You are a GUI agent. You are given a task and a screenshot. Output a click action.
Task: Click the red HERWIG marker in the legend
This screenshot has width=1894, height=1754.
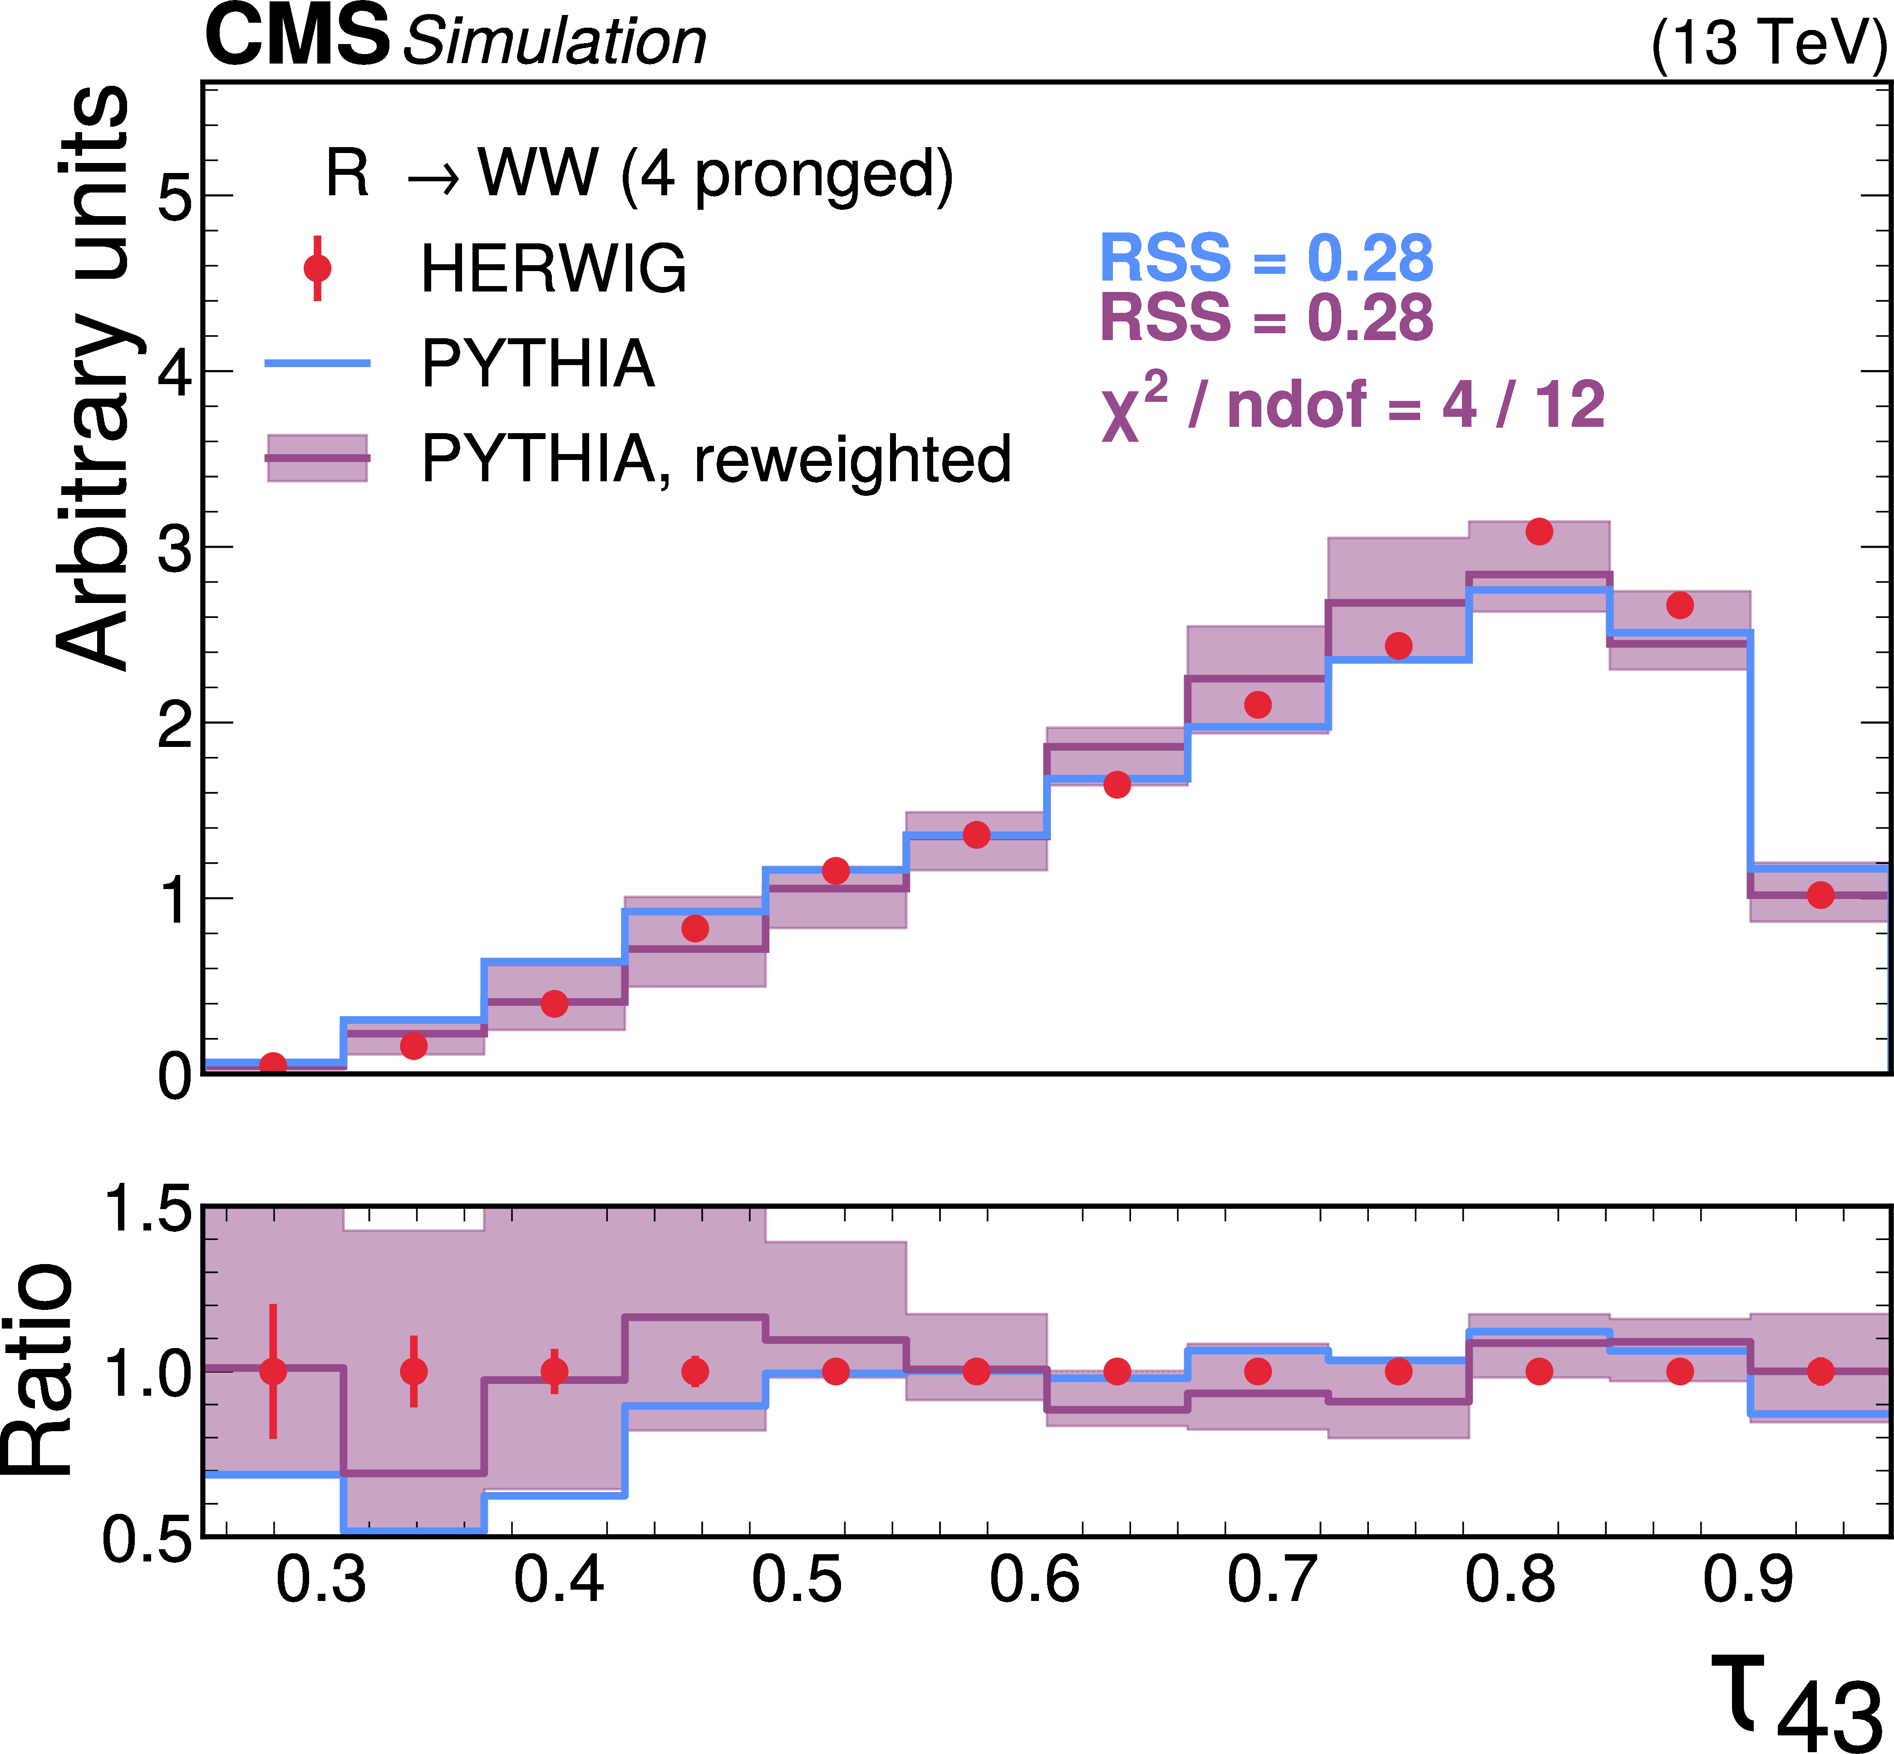[317, 269]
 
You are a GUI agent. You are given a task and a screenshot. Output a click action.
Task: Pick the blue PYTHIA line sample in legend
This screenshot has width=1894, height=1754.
[317, 363]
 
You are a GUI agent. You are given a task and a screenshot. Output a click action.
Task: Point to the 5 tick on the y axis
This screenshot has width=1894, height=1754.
[175, 198]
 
